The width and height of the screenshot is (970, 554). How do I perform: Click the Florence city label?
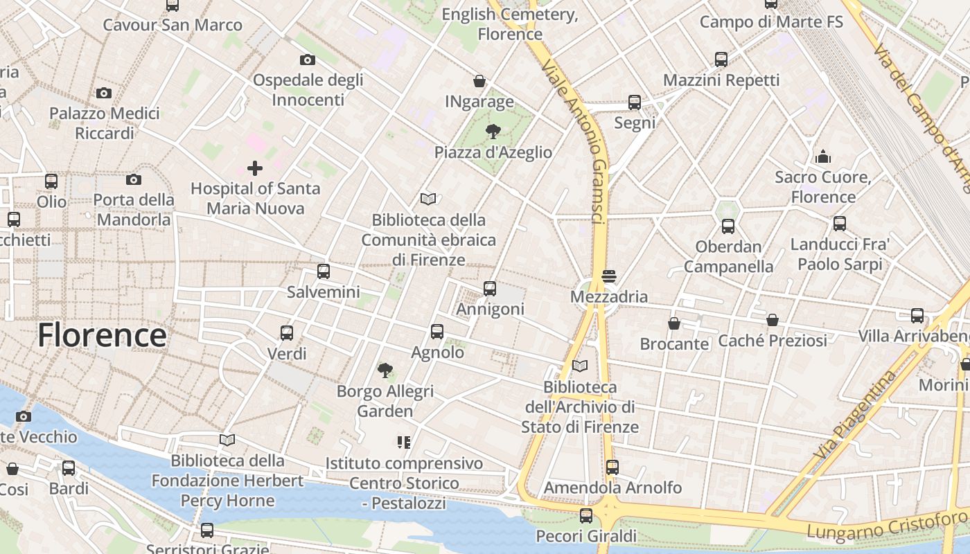pyautogui.click(x=102, y=335)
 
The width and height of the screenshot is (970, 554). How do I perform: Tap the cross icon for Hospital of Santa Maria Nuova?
pyautogui.click(x=255, y=168)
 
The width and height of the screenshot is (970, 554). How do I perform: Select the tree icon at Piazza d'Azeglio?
pyautogui.click(x=493, y=131)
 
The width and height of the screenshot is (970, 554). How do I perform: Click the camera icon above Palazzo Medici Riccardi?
pyautogui.click(x=104, y=93)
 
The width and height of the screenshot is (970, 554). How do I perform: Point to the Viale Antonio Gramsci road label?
pyautogui.click(x=577, y=138)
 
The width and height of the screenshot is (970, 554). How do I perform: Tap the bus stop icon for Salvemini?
pyautogui.click(x=323, y=271)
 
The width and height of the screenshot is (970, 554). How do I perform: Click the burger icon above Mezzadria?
pyautogui.click(x=609, y=276)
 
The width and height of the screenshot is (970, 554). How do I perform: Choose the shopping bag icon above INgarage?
pyautogui.click(x=479, y=81)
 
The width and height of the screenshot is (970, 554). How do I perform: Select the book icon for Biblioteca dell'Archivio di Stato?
pyautogui.click(x=580, y=366)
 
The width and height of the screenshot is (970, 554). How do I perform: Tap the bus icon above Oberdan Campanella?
pyautogui.click(x=727, y=226)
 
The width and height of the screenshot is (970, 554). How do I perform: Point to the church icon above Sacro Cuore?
pyautogui.click(x=823, y=157)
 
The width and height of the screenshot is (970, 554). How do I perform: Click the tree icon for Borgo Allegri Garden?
pyautogui.click(x=385, y=370)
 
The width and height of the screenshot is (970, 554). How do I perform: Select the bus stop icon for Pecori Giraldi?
pyautogui.click(x=586, y=515)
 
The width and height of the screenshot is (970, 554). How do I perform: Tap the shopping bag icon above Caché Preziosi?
pyautogui.click(x=773, y=320)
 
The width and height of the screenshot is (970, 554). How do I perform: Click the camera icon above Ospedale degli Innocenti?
pyautogui.click(x=308, y=60)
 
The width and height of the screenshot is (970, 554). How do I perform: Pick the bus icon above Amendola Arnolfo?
pyautogui.click(x=612, y=467)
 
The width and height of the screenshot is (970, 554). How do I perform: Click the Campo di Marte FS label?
pyautogui.click(x=771, y=22)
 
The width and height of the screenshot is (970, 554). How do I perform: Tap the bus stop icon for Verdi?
pyautogui.click(x=287, y=333)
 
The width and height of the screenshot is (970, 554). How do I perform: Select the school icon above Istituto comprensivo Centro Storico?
pyautogui.click(x=404, y=442)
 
